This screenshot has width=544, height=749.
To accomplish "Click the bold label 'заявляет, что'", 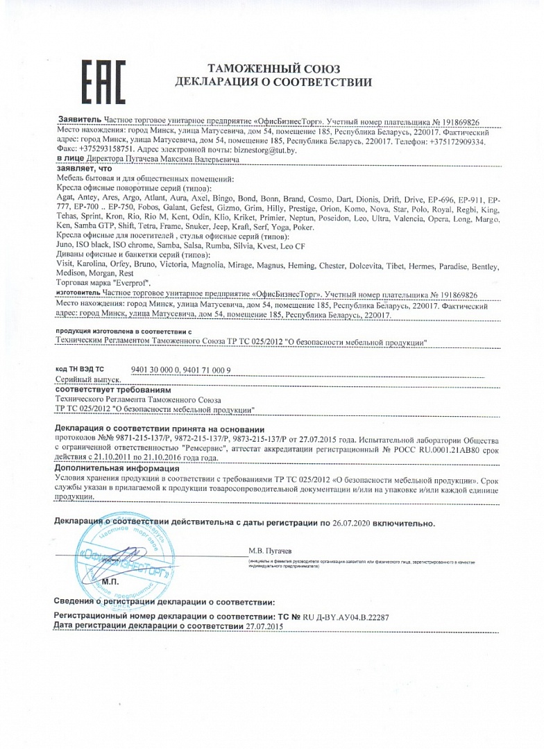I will tap(83, 169).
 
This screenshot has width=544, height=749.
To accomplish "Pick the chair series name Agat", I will tap(65, 198).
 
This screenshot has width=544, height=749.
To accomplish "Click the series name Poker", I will tap(304, 227).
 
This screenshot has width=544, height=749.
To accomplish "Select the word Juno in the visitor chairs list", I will tap(64, 247).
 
